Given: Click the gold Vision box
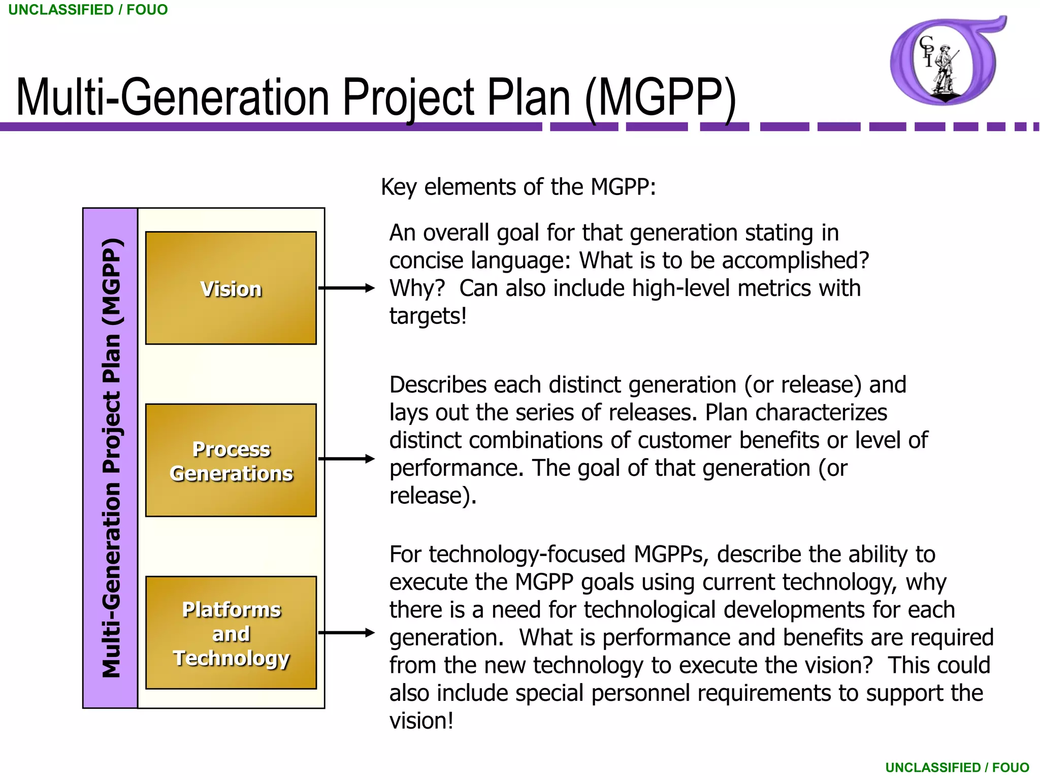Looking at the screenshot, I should (231, 288).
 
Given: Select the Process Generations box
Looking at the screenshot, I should (231, 460).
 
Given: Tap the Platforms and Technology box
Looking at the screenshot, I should (231, 633).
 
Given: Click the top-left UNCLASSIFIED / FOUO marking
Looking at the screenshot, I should (88, 10).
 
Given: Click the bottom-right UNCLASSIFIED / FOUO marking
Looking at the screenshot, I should (957, 767).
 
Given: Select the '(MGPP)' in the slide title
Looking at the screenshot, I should (660, 97).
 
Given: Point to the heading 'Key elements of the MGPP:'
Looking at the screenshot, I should (518, 187).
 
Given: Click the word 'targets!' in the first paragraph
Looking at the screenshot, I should (428, 316).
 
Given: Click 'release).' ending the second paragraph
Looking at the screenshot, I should (433, 496).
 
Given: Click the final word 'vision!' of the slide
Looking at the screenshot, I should (421, 721).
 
